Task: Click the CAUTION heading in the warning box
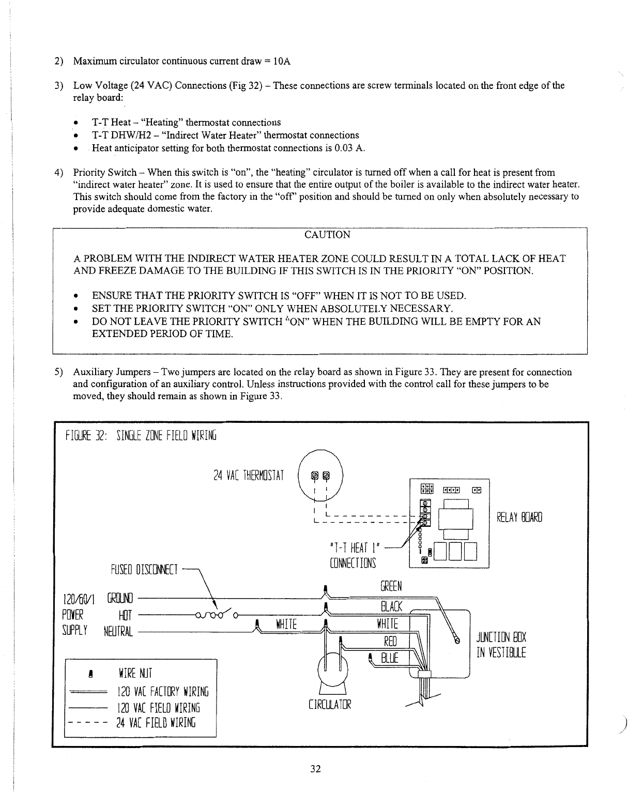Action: (x=327, y=235)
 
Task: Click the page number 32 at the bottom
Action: (x=315, y=769)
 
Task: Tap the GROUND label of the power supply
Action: (x=120, y=599)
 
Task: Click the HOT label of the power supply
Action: (x=125, y=615)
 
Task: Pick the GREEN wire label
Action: (x=391, y=586)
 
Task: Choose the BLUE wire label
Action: (x=389, y=658)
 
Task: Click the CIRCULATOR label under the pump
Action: (x=329, y=704)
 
